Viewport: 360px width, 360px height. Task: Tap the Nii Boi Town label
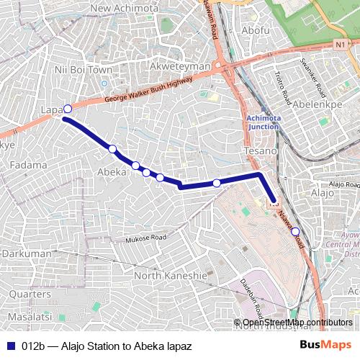84,71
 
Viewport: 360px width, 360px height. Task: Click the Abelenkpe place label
320,102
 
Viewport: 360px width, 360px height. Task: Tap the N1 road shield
339,45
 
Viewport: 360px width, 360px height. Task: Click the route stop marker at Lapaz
68,109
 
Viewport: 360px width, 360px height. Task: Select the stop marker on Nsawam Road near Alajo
295,231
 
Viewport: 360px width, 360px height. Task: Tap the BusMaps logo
325,345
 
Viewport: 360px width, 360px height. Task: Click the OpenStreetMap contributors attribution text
297,323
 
